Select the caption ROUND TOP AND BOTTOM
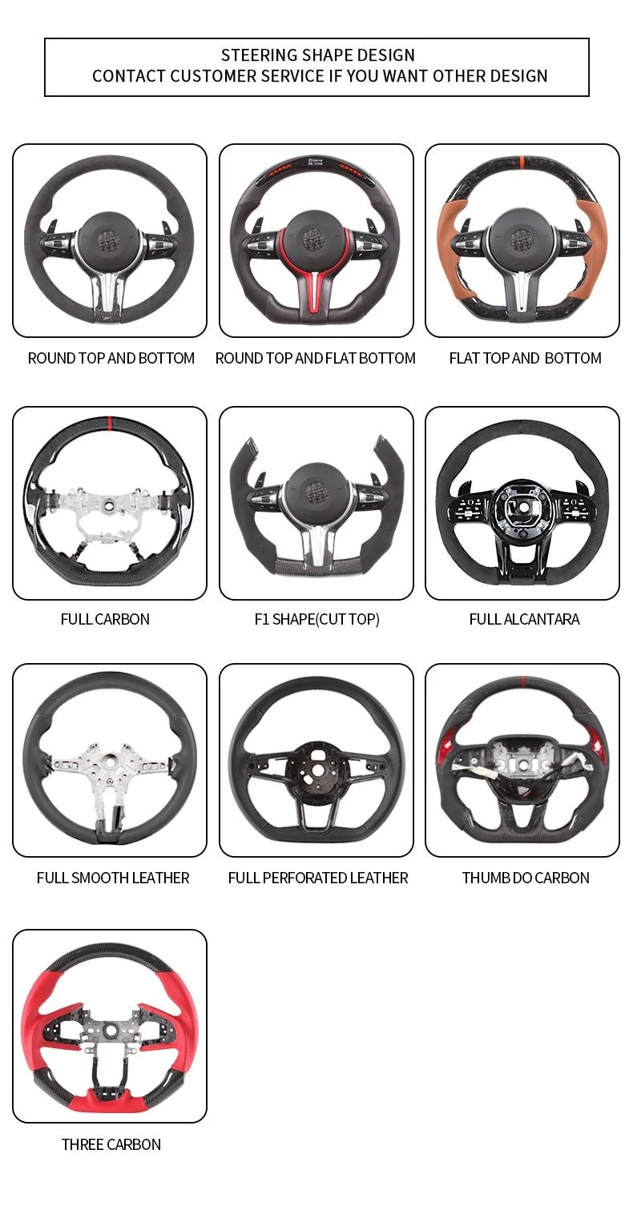pyautogui.click(x=111, y=358)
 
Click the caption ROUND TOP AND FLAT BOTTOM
pyautogui.click(x=316, y=358)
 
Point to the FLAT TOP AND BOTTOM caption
pyautogui.click(x=526, y=358)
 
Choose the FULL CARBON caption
pyautogui.click(x=105, y=619)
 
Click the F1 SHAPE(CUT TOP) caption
pyautogui.click(x=316, y=619)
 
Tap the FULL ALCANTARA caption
pyautogui.click(x=524, y=619)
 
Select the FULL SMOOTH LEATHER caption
pyautogui.click(x=113, y=878)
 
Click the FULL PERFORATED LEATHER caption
pyautogui.click(x=318, y=878)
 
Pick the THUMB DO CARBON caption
pyautogui.click(x=526, y=878)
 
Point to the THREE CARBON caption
pyautogui.click(x=111, y=1144)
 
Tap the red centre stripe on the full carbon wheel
pyautogui.click(x=109, y=422)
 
